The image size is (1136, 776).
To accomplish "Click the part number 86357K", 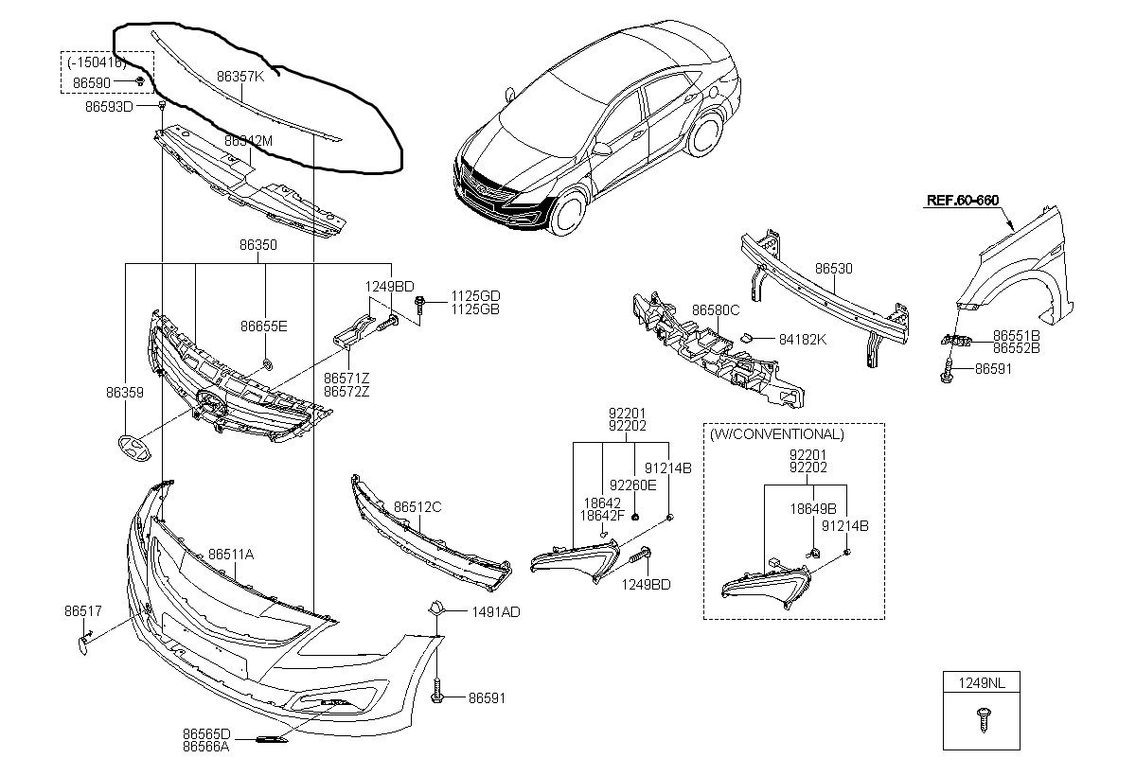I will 240,77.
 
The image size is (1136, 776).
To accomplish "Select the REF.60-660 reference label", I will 962,200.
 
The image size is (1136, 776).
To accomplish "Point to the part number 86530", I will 834,269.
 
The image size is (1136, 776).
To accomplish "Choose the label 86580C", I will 716,309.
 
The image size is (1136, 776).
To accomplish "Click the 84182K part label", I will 803,338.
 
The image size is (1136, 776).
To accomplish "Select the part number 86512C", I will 417,507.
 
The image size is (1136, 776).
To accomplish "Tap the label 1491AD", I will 496,612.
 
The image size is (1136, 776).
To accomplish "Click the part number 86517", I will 83,610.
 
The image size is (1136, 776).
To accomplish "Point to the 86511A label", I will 231,555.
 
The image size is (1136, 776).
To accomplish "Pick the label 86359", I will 125,390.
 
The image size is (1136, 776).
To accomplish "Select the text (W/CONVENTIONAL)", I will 775,434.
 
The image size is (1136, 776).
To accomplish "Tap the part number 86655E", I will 263,326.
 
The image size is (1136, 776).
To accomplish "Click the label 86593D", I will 109,107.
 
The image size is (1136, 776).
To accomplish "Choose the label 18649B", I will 813,507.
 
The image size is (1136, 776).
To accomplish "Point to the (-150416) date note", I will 97,63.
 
